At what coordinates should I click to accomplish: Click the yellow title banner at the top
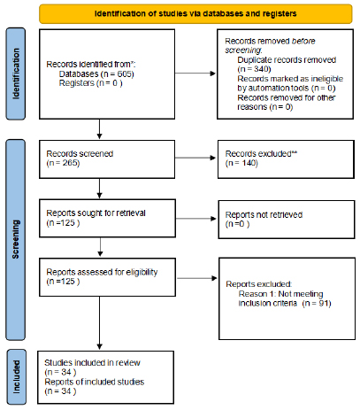click(x=195, y=13)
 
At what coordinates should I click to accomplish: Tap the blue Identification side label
click(x=16, y=73)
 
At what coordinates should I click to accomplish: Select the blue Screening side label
click(x=16, y=240)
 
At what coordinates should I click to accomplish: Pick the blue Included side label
click(x=17, y=377)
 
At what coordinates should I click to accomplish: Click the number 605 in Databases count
click(x=125, y=73)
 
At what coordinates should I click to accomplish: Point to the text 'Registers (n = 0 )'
click(x=90, y=83)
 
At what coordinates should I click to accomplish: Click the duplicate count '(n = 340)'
click(x=254, y=69)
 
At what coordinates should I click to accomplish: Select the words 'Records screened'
click(x=80, y=154)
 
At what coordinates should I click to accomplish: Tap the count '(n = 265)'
click(x=63, y=163)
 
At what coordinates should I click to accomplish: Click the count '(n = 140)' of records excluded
click(x=241, y=163)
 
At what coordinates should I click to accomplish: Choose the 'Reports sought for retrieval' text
click(x=96, y=213)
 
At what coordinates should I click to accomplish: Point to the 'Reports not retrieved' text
click(x=264, y=214)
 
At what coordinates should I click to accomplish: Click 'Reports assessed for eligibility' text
click(x=102, y=272)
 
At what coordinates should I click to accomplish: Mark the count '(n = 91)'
click(x=317, y=303)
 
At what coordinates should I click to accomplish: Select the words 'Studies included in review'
click(x=92, y=362)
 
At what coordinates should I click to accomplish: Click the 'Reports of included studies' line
click(x=95, y=382)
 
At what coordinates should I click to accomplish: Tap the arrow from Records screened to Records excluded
click(x=195, y=158)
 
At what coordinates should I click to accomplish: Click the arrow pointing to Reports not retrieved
click(x=196, y=219)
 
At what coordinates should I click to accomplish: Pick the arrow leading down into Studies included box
click(x=100, y=323)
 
